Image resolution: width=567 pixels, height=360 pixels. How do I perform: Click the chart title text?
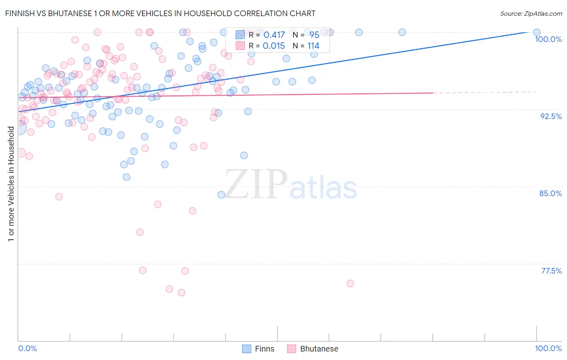click(161, 13)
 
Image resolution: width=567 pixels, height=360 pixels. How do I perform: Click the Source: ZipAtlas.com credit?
click(531, 13)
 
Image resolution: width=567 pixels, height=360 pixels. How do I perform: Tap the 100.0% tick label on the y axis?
click(548, 39)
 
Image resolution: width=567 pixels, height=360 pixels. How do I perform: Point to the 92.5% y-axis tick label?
click(551, 116)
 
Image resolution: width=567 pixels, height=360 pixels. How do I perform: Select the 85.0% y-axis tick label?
click(550, 193)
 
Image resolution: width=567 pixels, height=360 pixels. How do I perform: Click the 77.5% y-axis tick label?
click(551, 271)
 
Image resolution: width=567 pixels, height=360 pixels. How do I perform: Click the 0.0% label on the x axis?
click(27, 348)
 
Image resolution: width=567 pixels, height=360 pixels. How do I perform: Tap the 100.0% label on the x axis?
click(548, 348)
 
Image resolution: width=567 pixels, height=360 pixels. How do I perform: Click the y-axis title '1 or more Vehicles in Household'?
click(11, 184)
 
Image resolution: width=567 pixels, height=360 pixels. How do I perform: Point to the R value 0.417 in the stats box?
click(274, 35)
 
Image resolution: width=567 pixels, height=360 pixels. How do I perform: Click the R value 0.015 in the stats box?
click(274, 46)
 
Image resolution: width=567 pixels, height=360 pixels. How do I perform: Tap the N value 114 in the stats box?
click(313, 46)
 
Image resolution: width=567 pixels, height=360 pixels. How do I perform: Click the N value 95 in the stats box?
click(314, 35)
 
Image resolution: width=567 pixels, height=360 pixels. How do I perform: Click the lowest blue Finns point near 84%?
click(221, 195)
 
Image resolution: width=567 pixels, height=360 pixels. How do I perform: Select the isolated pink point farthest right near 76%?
click(350, 284)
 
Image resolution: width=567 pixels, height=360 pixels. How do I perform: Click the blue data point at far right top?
click(537, 32)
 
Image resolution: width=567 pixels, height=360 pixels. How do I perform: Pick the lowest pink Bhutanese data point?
click(181, 293)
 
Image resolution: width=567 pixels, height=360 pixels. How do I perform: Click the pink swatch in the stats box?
click(240, 46)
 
